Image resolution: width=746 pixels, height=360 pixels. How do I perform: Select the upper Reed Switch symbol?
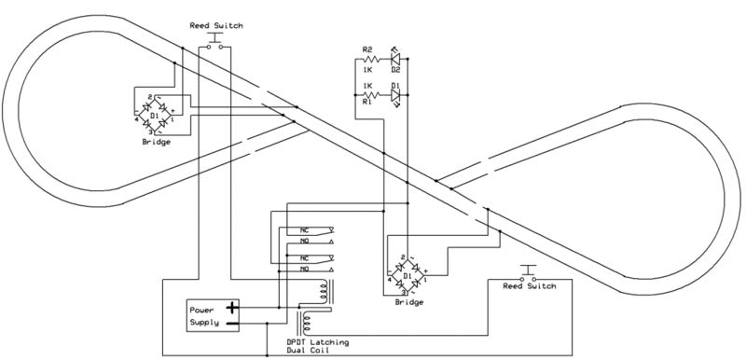(x=216, y=44)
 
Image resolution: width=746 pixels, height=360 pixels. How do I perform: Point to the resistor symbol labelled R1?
(x=368, y=94)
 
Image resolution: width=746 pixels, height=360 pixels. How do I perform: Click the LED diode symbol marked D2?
(x=394, y=60)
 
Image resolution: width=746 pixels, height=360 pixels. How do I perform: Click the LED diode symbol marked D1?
(x=394, y=94)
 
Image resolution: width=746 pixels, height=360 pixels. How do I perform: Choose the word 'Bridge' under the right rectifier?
(x=408, y=303)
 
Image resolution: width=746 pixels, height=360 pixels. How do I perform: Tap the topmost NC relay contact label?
(x=303, y=229)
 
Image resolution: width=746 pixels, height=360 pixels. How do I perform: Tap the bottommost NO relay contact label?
(x=303, y=269)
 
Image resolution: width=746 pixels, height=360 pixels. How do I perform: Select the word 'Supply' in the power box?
(x=205, y=323)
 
